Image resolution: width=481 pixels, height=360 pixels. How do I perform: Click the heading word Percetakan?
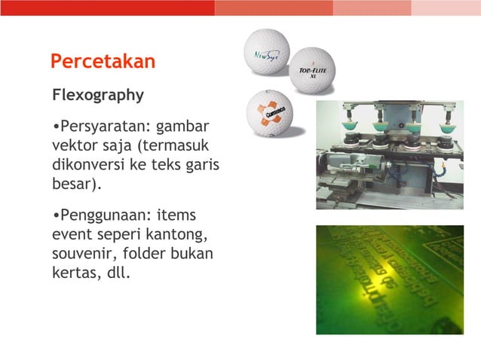(x=103, y=61)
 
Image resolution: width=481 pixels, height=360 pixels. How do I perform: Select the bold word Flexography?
(x=97, y=96)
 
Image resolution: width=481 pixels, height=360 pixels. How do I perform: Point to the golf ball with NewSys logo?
(x=267, y=52)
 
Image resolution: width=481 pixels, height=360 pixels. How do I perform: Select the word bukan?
(x=195, y=254)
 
